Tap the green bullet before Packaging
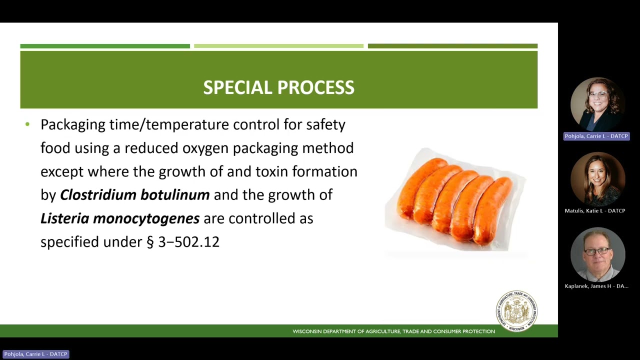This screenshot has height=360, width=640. pyautogui.click(x=27, y=124)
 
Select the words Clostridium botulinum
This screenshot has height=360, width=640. pyautogui.click(x=134, y=195)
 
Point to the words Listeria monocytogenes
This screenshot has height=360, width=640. pyautogui.click(x=120, y=218)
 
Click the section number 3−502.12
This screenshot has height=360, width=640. pyautogui.click(x=188, y=242)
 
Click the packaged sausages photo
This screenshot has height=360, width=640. pyautogui.click(x=455, y=200)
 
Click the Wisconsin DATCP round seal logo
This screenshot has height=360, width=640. pyautogui.click(x=516, y=310)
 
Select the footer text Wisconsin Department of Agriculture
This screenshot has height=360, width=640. pyautogui.click(x=393, y=331)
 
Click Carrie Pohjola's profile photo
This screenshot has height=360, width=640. pyautogui.click(x=597, y=104)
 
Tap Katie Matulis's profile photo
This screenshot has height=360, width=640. pyautogui.click(x=597, y=179)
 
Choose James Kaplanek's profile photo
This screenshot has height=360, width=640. pyautogui.click(x=597, y=254)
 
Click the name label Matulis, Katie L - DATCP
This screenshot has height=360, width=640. pyautogui.click(x=595, y=211)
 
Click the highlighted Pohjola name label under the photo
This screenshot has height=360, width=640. pyautogui.click(x=596, y=136)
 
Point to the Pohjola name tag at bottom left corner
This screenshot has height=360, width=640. pyautogui.click(x=35, y=354)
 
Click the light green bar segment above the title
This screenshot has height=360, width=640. pyautogui.click(x=278, y=46)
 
